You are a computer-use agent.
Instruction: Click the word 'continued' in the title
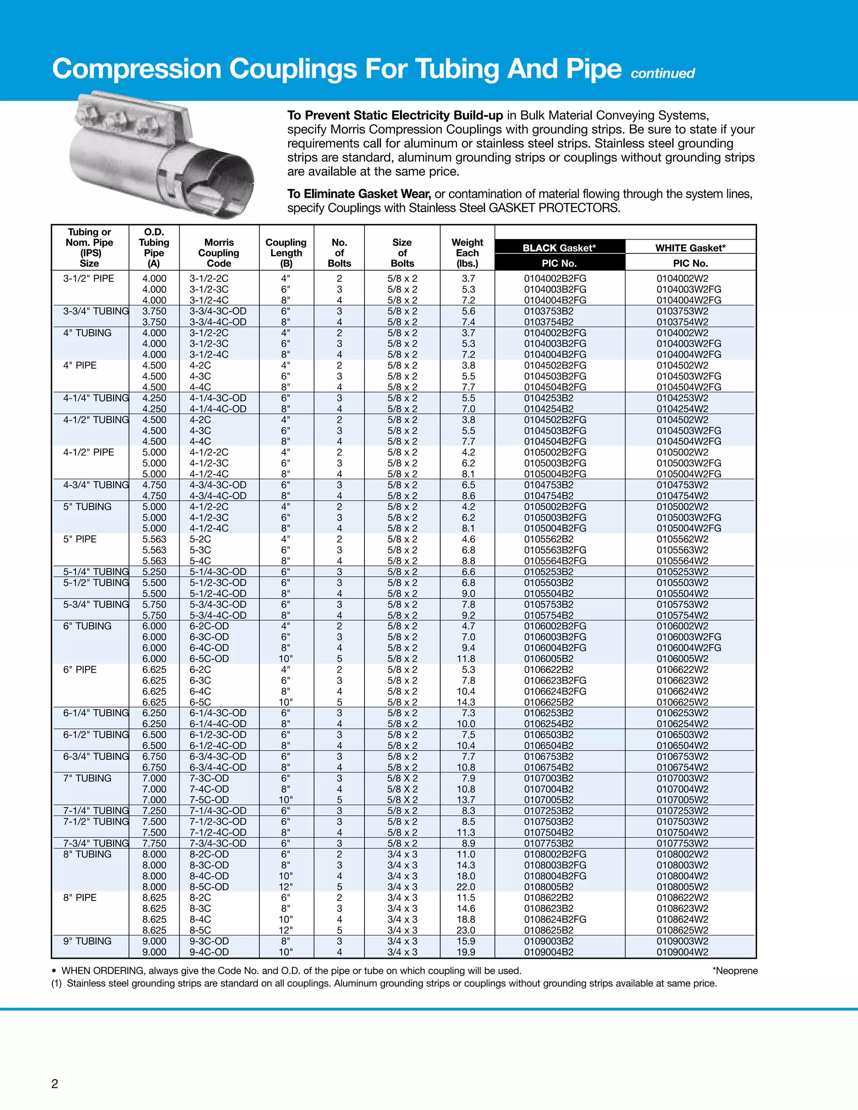point(662,74)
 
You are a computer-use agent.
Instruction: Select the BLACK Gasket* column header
point(559,248)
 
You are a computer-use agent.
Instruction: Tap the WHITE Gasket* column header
point(690,248)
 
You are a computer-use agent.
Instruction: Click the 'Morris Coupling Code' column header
point(219,253)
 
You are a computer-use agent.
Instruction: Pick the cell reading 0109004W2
point(682,952)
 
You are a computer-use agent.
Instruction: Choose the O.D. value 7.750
point(154,843)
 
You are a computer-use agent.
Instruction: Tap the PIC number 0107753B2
point(548,843)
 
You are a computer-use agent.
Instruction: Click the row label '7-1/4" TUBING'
point(96,811)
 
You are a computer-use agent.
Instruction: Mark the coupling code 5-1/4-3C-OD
point(217,572)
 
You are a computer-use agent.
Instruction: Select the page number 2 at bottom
point(55,1084)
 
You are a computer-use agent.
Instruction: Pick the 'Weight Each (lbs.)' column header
point(467,253)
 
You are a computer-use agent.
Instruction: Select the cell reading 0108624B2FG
point(555,919)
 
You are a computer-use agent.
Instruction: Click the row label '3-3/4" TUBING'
point(96,311)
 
